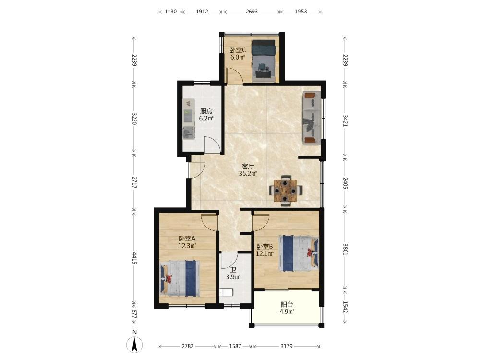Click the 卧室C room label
238,50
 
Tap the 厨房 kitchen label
206,111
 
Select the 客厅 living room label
248,167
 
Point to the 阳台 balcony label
287,305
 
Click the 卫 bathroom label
233,270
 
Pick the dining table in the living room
285,190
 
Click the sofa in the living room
312,118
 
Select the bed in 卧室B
299,253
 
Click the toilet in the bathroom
226,293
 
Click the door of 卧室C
234,76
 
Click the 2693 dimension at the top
252,12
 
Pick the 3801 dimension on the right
345,249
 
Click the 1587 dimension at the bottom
235,346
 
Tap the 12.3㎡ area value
187,245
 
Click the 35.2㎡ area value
248,174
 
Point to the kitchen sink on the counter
189,132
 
